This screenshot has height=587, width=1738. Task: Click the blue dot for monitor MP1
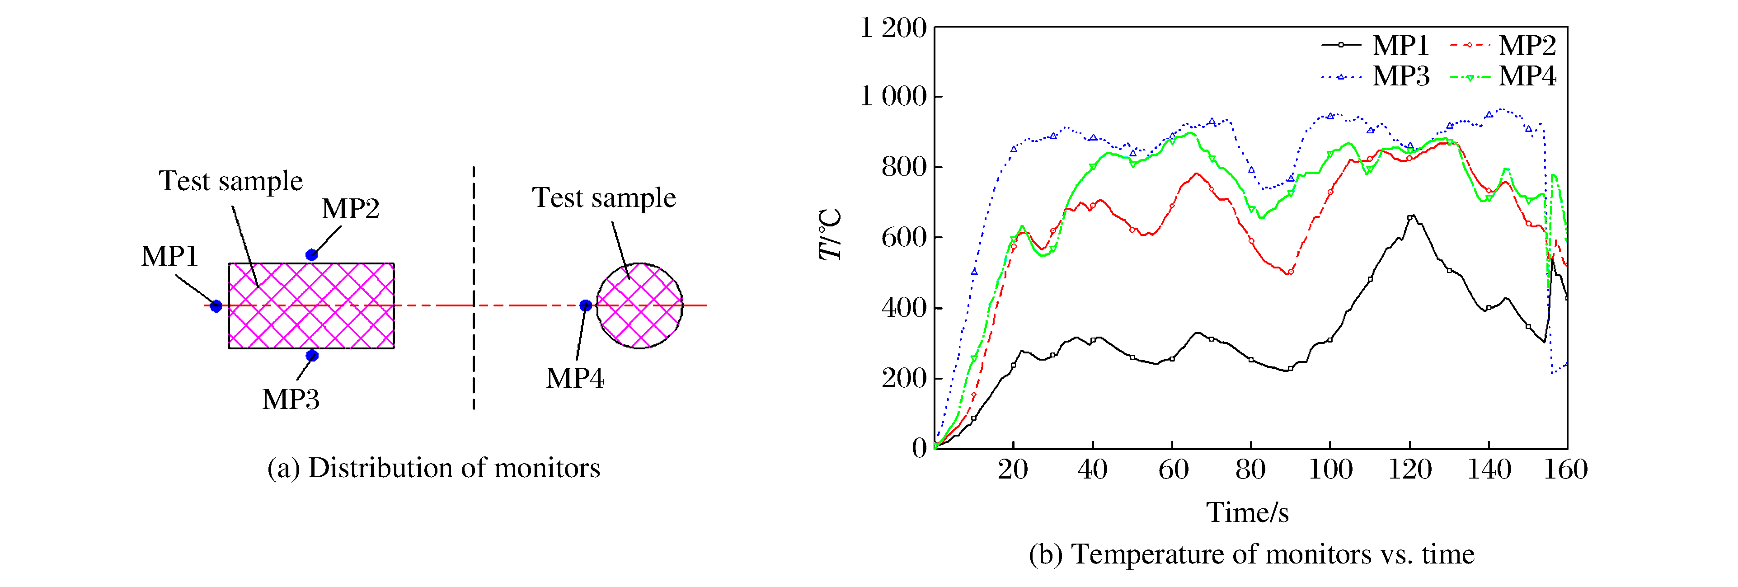pos(216,306)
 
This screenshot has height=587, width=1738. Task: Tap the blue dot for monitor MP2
pos(311,255)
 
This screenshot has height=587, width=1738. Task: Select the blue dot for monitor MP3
pos(312,356)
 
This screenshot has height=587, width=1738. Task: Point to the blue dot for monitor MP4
pos(586,305)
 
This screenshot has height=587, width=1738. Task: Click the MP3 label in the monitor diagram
pos(291,399)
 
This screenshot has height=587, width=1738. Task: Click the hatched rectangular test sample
pos(311,305)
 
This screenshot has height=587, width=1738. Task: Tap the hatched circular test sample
pos(639,305)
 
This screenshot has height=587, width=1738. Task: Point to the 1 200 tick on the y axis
pos(892,28)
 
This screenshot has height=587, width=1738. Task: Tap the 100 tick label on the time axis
pos(1330,469)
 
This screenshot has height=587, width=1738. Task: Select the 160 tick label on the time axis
pos(1566,469)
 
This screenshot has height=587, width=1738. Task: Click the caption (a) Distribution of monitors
pos(433,468)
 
